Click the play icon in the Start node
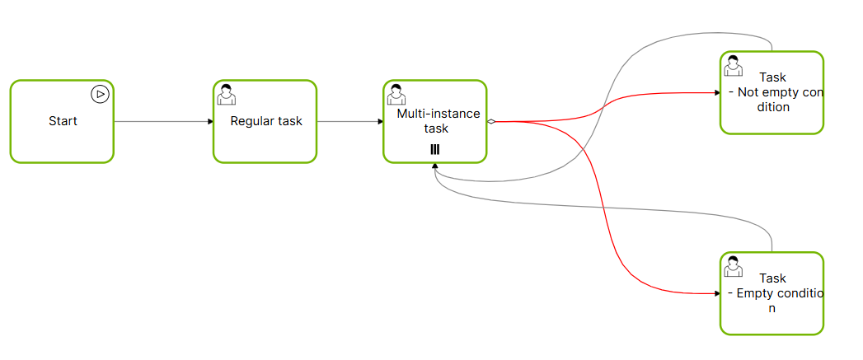[100, 94]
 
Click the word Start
[63, 121]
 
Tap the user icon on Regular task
[226, 94]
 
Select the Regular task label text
[266, 121]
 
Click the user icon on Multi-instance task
[396, 94]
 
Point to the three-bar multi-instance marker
[434, 149]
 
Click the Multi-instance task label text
[438, 121]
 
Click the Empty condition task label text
[773, 292]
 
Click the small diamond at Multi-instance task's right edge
[491, 122]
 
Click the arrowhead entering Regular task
[210, 122]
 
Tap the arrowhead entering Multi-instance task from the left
[380, 122]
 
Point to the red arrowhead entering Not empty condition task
[716, 93]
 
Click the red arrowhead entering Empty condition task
[716, 292]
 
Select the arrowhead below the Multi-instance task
[434, 167]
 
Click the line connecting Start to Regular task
[161, 122]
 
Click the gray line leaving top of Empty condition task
[772, 242]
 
